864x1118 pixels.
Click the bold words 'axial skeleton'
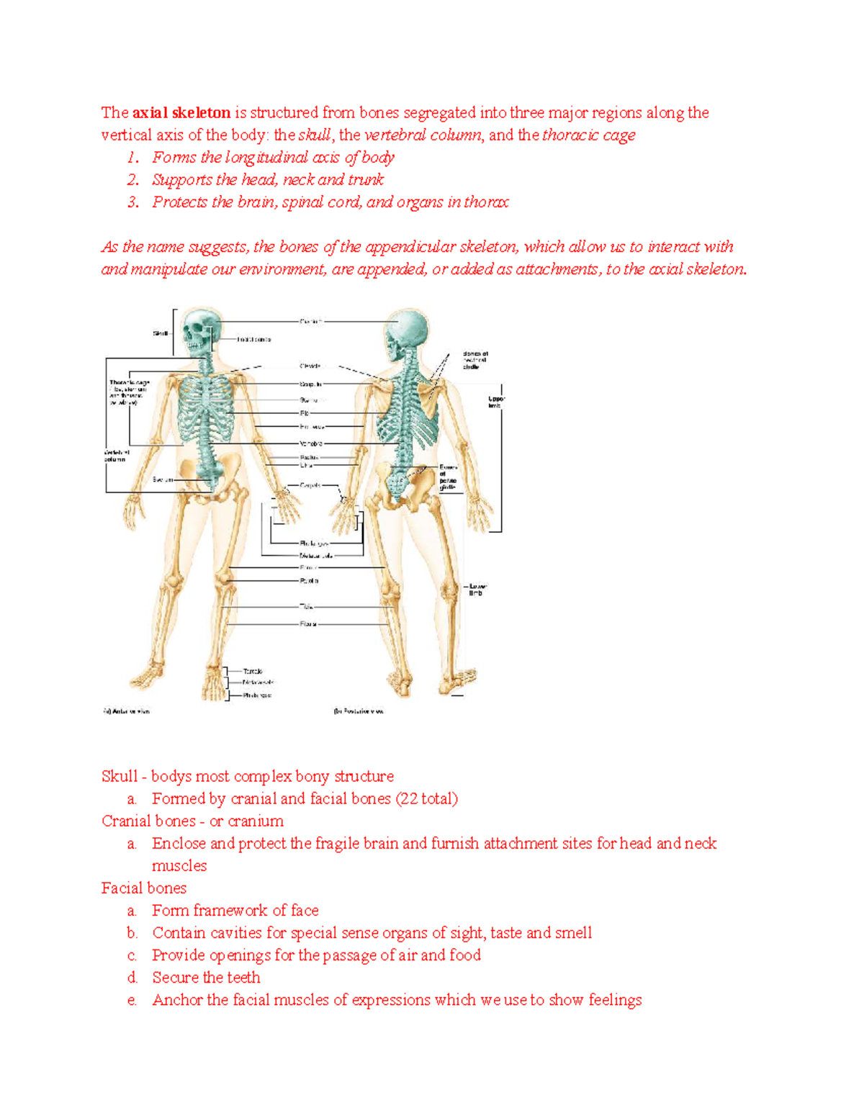click(181, 113)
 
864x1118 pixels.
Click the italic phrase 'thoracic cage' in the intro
click(589, 135)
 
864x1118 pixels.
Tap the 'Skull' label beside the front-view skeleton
click(160, 333)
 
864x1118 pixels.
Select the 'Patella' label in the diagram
click(309, 580)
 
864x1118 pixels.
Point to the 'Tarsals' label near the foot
click(253, 671)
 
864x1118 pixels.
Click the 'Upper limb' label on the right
click(497, 402)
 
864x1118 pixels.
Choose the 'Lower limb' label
click(477, 590)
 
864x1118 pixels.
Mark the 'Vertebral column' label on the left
click(115, 455)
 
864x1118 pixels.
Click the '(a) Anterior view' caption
click(126, 711)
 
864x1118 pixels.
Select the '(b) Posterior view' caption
click(359, 711)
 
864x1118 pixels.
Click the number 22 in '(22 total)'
click(409, 799)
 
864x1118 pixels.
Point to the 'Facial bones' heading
click(144, 888)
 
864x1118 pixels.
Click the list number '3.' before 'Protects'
click(133, 202)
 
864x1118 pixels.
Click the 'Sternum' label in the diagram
click(309, 400)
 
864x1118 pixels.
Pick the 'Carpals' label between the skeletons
click(310, 485)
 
